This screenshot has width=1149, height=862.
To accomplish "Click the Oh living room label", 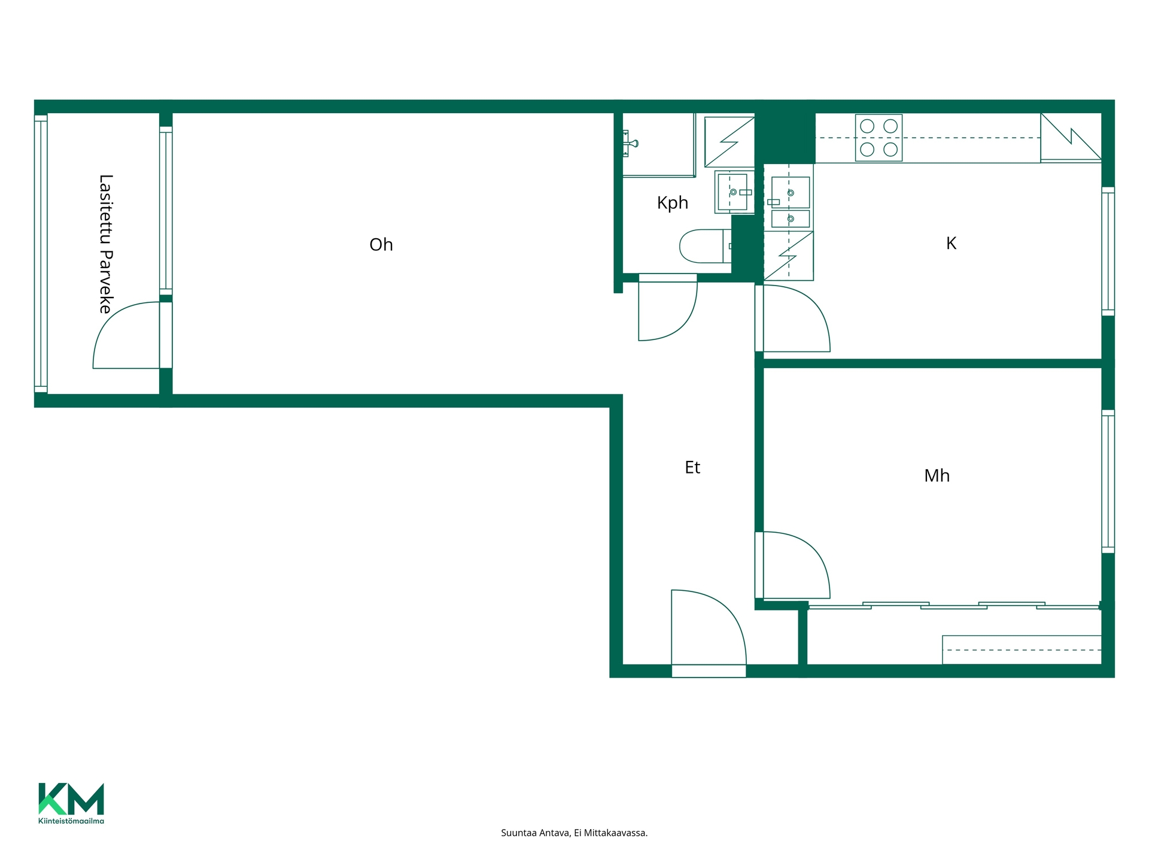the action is pyautogui.click(x=381, y=245).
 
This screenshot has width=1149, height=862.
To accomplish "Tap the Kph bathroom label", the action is pyautogui.click(x=673, y=203).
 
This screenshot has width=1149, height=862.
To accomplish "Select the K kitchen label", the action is pyautogui.click(x=951, y=243).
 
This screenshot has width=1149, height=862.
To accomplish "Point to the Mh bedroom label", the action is pyautogui.click(x=937, y=475).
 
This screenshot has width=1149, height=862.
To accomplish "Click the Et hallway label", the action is pyautogui.click(x=692, y=468).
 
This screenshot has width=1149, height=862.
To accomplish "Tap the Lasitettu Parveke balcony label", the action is pyautogui.click(x=106, y=244).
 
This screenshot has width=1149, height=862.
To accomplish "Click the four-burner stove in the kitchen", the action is pyautogui.click(x=879, y=138).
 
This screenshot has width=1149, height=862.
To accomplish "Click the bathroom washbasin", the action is pyautogui.click(x=734, y=192).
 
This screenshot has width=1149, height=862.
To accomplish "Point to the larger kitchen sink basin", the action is pyautogui.click(x=790, y=192).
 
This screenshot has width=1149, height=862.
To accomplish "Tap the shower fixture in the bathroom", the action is pyautogui.click(x=631, y=144).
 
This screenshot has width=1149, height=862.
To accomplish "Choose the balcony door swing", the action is pyautogui.click(x=114, y=317).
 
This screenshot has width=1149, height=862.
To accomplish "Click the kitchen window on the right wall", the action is pyautogui.click(x=1108, y=251).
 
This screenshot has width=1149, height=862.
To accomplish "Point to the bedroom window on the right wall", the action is pyautogui.click(x=1108, y=481).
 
